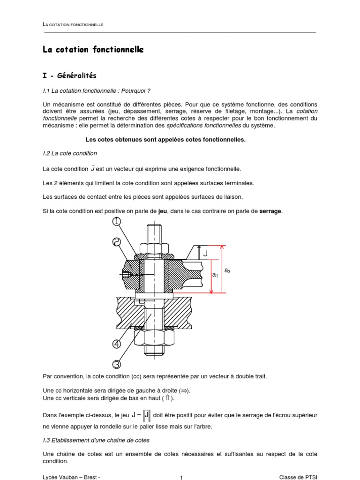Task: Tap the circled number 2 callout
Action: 116,242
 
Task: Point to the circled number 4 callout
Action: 117,345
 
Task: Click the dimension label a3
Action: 227,270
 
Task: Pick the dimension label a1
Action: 215,275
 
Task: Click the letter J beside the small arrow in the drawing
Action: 204,254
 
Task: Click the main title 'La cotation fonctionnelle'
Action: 93,49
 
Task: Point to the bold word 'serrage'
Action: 270,211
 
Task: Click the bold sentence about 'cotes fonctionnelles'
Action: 165,139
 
